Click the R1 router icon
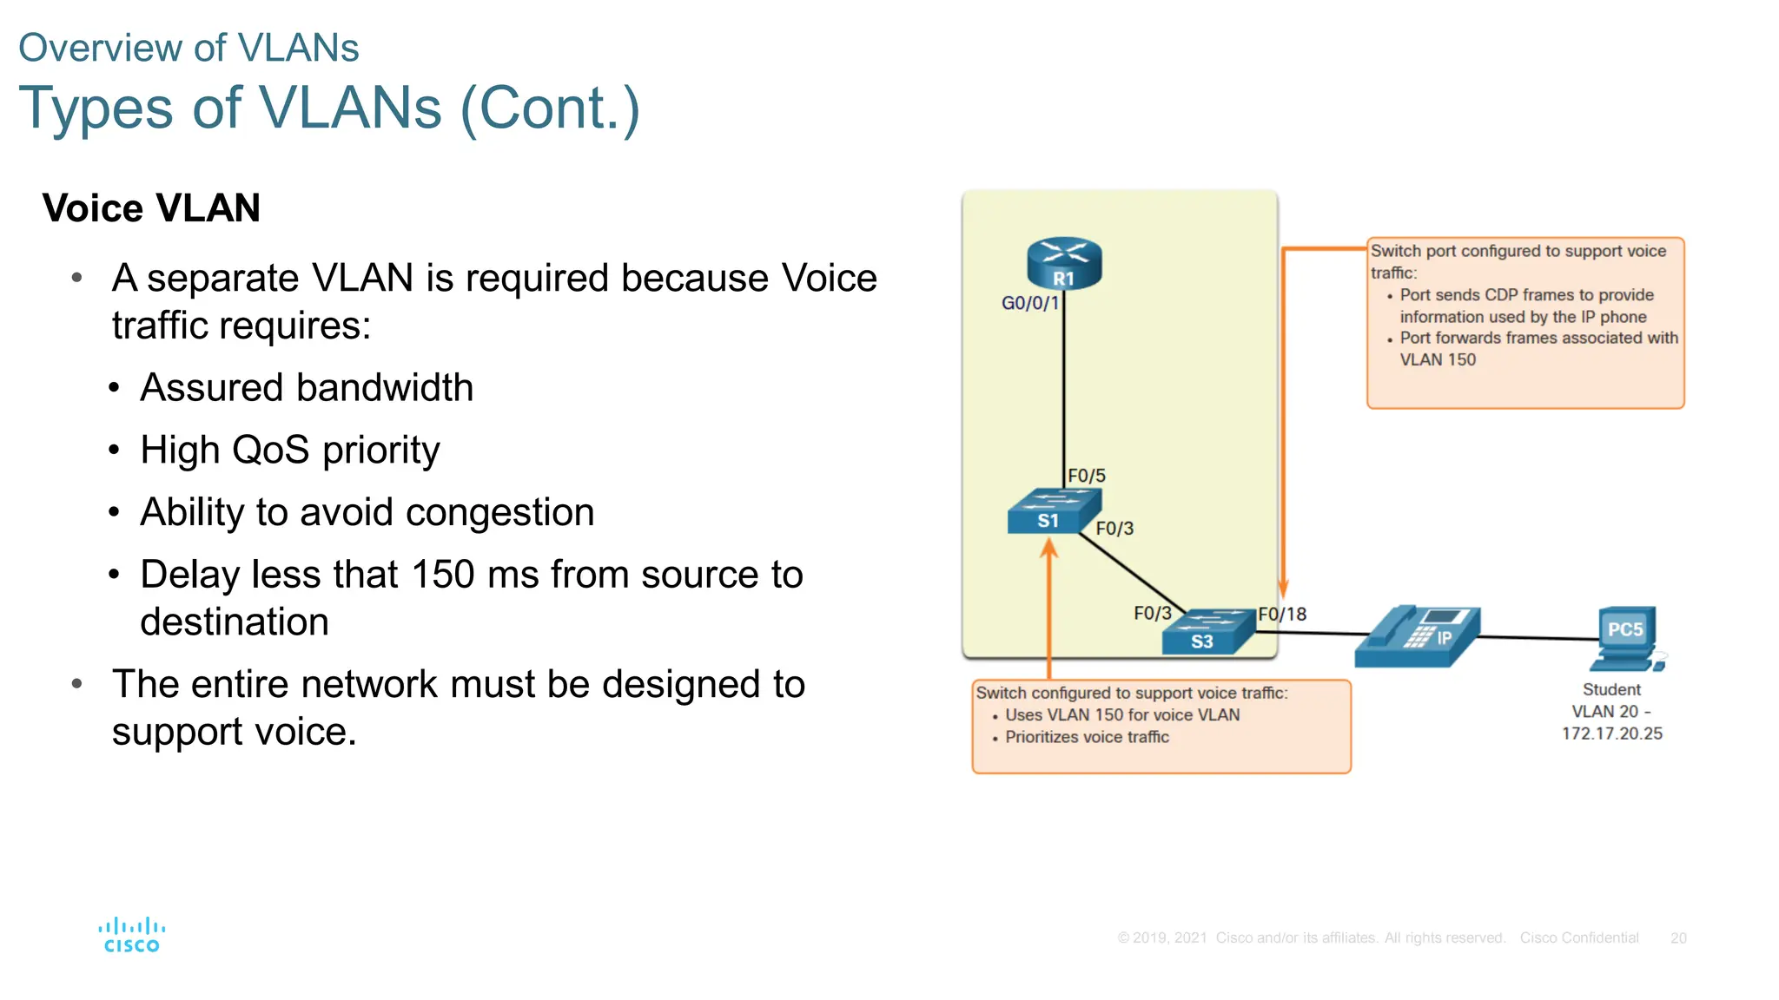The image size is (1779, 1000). [1064, 263]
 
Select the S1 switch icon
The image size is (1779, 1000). [1052, 511]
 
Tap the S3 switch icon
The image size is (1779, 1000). [1207, 632]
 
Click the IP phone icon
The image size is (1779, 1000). [1418, 637]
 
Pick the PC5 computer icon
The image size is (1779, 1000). [1627, 639]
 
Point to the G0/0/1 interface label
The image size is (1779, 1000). [1030, 303]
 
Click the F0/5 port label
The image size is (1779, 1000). [1087, 476]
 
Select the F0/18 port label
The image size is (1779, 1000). [1282, 615]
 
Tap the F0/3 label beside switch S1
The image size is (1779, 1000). [1114, 529]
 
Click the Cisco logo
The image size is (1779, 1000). [131, 936]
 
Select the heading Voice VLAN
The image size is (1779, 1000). [151, 208]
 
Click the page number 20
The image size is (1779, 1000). [1678, 938]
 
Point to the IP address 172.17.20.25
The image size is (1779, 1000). [1612, 734]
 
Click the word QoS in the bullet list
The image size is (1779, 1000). [270, 450]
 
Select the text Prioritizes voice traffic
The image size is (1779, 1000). [1087, 737]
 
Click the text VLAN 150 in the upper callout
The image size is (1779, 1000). [1438, 359]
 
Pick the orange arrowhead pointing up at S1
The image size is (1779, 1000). [1049, 548]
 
